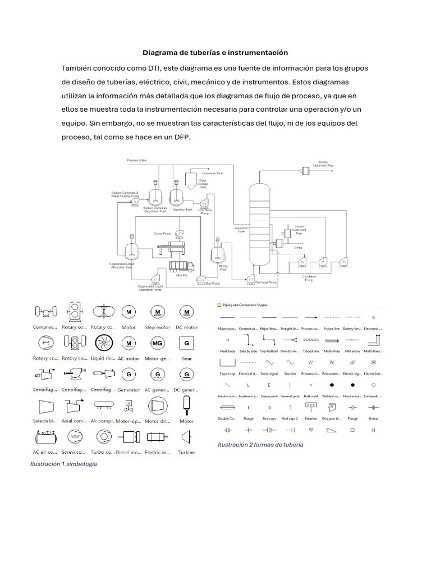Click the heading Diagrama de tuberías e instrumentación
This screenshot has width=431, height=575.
215,52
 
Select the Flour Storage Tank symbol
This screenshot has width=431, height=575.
191,181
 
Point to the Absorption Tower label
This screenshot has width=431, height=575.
242,229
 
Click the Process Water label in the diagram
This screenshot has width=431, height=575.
137,161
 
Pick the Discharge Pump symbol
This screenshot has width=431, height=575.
251,279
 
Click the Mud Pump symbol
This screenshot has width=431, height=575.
200,279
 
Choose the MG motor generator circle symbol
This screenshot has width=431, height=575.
158,343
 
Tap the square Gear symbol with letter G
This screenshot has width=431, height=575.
187,343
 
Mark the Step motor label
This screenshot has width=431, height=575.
158,327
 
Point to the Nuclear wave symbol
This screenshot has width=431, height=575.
290,362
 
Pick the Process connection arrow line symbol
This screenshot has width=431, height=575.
310,317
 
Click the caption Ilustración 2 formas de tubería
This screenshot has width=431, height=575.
260,444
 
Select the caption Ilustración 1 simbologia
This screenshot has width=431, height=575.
63,464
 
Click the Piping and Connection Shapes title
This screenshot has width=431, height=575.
245,305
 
